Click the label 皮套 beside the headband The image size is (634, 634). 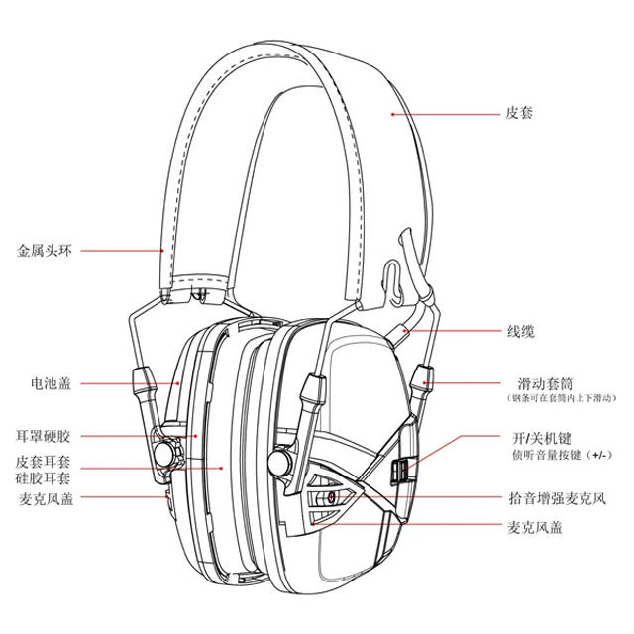pyautogui.click(x=519, y=114)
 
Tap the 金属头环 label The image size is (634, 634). pyautogui.click(x=45, y=250)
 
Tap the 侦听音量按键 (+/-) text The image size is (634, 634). pyautogui.click(x=554, y=454)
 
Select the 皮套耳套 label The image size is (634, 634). pyautogui.click(x=45, y=461)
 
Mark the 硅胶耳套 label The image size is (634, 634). pyautogui.click(x=45, y=477)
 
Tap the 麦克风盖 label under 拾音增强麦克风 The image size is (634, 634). pyautogui.click(x=534, y=528)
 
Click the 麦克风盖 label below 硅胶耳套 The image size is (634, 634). pyautogui.click(x=45, y=498)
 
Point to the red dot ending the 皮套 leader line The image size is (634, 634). pyautogui.click(x=392, y=114)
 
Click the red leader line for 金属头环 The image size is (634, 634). pyautogui.click(x=119, y=250)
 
